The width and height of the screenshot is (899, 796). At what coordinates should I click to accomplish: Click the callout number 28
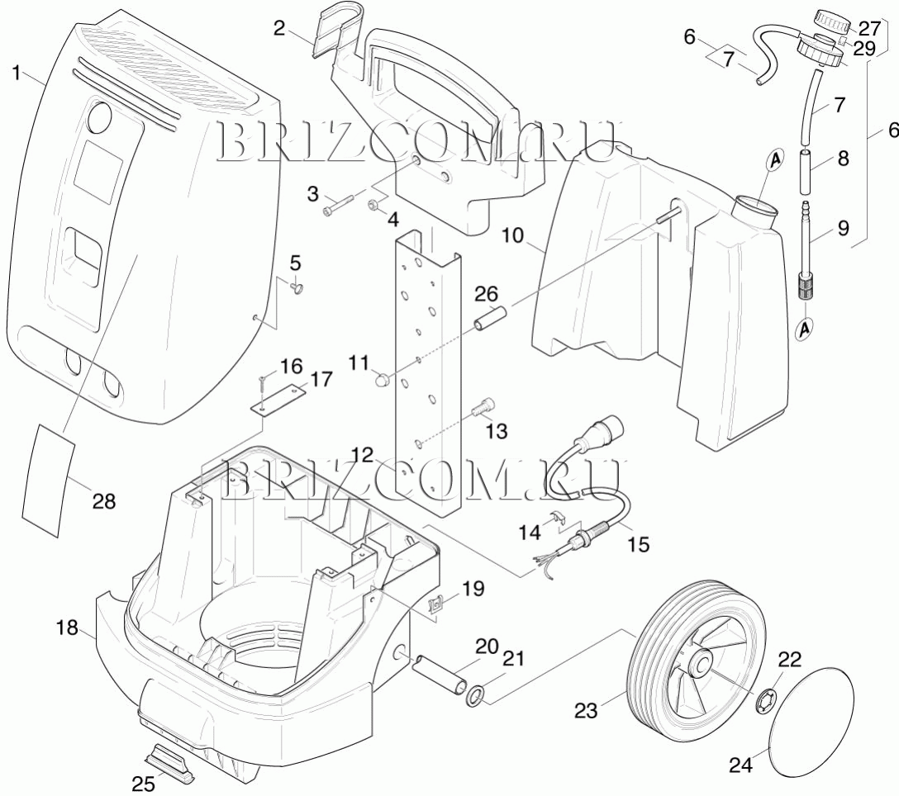pos(104,501)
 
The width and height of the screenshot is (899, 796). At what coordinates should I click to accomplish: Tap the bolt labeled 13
pos(483,407)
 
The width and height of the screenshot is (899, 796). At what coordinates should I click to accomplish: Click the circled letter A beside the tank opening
pos(775,161)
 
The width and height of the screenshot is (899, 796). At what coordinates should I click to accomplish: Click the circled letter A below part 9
pos(806,329)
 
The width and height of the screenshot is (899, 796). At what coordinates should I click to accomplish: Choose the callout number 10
pos(513,235)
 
